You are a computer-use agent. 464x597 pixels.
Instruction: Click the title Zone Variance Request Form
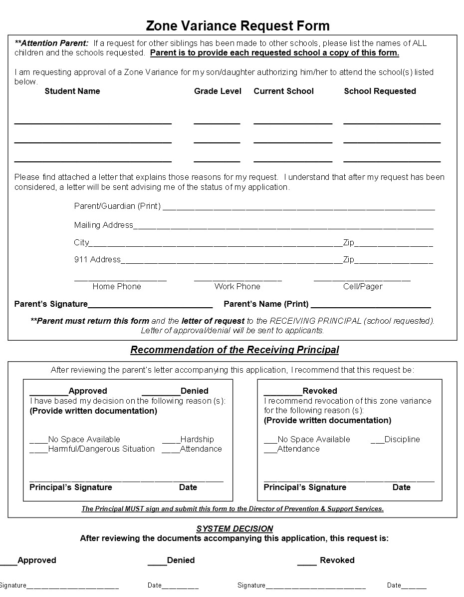tap(237, 25)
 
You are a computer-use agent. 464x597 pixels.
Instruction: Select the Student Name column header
tap(72, 91)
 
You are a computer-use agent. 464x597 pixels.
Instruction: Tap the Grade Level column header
tap(218, 91)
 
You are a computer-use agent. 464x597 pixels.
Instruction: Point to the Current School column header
tap(283, 91)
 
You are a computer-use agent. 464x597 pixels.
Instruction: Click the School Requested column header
tap(380, 91)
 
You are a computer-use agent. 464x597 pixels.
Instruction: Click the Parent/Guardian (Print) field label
tap(117, 206)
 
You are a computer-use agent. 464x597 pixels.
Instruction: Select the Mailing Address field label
tap(103, 225)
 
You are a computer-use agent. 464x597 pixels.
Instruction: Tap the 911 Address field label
tap(97, 259)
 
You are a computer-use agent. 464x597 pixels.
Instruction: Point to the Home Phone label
tap(117, 286)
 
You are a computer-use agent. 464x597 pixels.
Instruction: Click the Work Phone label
tap(237, 286)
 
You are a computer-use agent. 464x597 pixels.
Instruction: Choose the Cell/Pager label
tap(363, 286)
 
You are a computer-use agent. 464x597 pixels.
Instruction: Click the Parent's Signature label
tap(51, 304)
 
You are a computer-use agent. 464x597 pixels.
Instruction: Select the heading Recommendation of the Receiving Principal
tap(234, 350)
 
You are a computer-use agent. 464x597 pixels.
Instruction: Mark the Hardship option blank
tap(171, 440)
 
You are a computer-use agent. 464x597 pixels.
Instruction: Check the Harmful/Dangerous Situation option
tap(38, 449)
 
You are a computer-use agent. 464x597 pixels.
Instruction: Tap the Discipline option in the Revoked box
tap(377, 440)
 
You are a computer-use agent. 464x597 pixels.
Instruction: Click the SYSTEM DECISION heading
tap(234, 529)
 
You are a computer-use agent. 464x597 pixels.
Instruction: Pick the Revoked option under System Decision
tap(307, 561)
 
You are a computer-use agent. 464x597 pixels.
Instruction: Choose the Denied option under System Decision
tap(157, 561)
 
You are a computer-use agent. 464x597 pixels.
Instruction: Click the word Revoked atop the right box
tap(320, 391)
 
